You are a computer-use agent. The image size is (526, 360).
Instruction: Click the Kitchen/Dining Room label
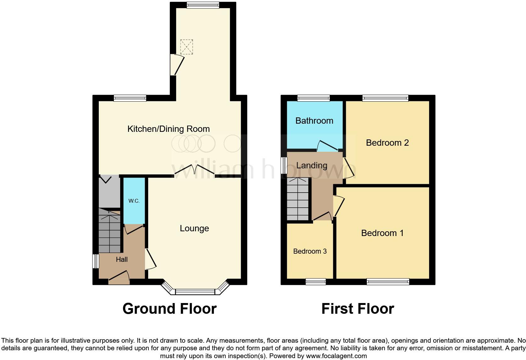point(168,129)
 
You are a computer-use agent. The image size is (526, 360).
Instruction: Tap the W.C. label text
point(134,201)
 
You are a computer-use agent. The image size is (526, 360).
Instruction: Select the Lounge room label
point(194,228)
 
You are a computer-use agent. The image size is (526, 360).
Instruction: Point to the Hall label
point(122,259)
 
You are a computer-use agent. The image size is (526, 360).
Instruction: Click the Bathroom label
point(314,121)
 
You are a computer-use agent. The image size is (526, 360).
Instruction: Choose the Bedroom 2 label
point(387,143)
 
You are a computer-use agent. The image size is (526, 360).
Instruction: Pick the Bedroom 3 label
point(310,251)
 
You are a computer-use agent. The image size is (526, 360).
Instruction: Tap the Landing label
point(311,165)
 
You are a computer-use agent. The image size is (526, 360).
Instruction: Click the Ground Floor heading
point(169,309)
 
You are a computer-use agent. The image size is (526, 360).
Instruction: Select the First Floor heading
point(358,309)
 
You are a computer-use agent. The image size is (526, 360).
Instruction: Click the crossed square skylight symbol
point(186,47)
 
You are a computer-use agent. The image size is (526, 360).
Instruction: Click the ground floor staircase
point(109,233)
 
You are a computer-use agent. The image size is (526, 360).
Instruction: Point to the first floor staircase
point(298,199)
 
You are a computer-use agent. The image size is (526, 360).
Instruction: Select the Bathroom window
point(314,98)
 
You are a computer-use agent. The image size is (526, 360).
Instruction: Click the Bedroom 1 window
point(388,282)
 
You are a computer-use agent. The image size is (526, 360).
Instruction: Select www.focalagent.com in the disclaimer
point(336,356)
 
